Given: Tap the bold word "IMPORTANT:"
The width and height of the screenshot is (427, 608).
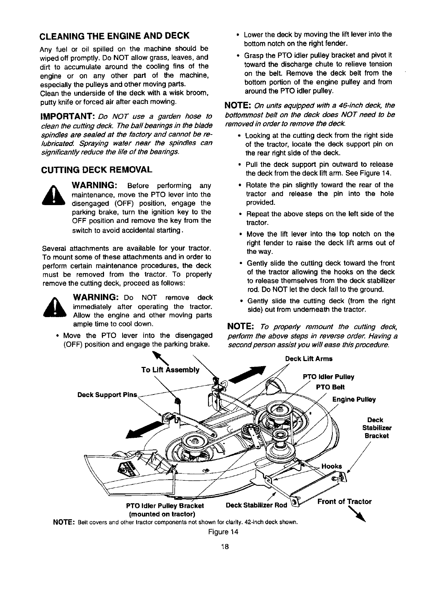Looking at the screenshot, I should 68,116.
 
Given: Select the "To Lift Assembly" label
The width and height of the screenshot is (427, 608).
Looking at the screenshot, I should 170,370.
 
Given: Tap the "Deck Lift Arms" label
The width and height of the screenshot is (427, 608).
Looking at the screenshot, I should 308,359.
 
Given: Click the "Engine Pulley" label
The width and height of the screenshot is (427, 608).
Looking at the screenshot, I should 354,400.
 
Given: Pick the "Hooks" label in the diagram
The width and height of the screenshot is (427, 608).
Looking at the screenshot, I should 332,467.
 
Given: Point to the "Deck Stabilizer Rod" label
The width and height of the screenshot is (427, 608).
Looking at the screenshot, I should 256,505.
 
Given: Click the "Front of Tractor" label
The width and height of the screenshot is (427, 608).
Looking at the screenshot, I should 344,502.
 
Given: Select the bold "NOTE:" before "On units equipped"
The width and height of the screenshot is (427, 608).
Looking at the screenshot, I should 238,106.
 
